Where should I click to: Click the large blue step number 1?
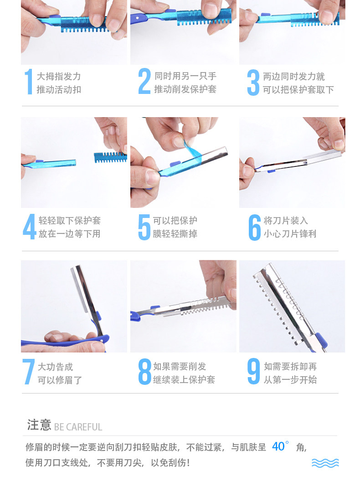tap(29, 82)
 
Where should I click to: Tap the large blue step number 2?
tap(144, 81)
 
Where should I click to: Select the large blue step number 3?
tap(253, 82)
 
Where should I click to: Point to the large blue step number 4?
tap(30, 227)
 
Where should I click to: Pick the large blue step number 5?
tap(144, 227)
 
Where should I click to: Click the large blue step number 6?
tap(254, 227)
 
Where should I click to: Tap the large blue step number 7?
tap(28, 372)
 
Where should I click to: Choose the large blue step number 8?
tap(144, 372)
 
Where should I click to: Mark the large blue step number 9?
tap(253, 371)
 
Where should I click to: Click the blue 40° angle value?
tap(280, 446)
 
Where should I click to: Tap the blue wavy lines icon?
tap(325, 463)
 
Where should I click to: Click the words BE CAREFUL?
tap(78, 427)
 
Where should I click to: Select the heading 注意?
tap(39, 425)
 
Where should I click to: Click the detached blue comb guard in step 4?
tap(110, 157)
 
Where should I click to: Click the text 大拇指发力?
tap(59, 77)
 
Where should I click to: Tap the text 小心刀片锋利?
tap(290, 234)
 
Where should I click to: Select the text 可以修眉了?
tap(60, 380)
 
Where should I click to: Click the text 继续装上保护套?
tap(184, 379)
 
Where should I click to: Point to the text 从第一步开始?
tap(290, 379)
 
